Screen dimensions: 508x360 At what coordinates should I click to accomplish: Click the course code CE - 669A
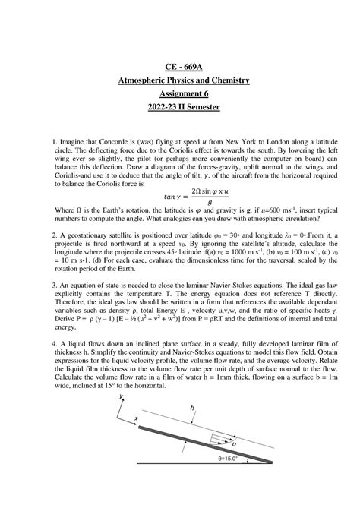[180, 67]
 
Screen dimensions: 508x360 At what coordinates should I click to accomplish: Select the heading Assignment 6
[180, 94]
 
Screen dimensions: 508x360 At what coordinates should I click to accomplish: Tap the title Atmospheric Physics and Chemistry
[180, 80]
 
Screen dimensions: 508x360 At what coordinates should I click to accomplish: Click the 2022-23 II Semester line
[180, 108]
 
